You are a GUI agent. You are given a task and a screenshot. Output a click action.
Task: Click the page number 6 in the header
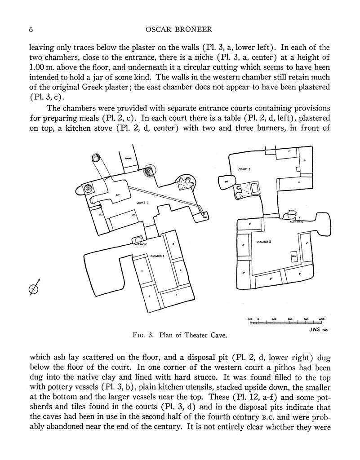click(x=31, y=30)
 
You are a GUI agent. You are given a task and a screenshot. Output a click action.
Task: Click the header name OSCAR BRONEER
click(x=179, y=30)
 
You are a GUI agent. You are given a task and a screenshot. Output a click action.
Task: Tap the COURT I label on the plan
click(x=142, y=203)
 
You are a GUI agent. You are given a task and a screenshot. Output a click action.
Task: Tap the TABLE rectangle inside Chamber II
click(x=293, y=255)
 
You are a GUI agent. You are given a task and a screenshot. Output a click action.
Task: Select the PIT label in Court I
click(x=117, y=195)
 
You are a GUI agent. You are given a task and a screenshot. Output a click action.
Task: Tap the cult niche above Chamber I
click(x=138, y=239)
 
